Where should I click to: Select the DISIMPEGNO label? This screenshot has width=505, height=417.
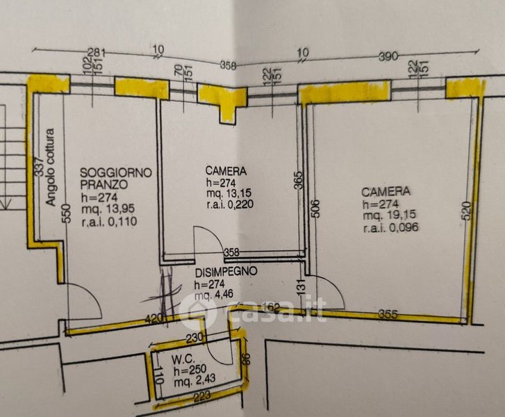[x=226, y=271]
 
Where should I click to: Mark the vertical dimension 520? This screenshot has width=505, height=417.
[x=467, y=209]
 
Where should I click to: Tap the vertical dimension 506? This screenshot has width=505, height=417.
[x=314, y=206]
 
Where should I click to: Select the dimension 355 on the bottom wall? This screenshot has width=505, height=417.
[x=388, y=314]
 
